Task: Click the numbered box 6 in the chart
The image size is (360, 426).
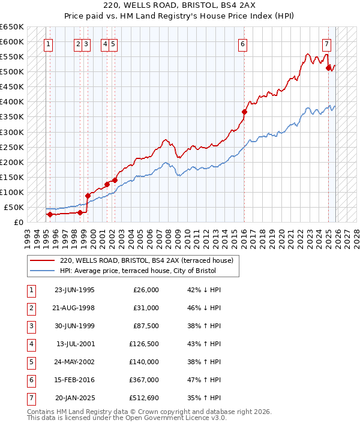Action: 242,43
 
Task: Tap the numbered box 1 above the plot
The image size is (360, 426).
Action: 47,43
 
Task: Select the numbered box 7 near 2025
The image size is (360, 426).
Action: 326,43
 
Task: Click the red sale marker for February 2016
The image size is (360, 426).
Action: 245,112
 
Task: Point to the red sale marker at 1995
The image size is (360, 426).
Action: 50,214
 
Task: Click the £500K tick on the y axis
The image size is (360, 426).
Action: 12,72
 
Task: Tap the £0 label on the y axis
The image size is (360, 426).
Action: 19,222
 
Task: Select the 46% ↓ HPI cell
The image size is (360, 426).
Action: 204,308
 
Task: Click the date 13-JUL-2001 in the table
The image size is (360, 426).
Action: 74,344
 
